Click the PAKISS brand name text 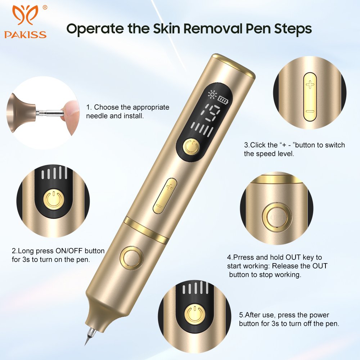click(x=25, y=35)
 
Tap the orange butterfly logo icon click(x=25, y=15)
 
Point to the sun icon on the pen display click(x=212, y=95)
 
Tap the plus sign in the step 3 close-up click(x=310, y=85)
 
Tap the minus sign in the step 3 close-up click(x=310, y=112)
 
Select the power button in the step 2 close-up click(x=54, y=199)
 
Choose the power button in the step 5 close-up click(x=195, y=313)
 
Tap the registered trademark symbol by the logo click(x=45, y=8)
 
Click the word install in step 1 click(x=133, y=116)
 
